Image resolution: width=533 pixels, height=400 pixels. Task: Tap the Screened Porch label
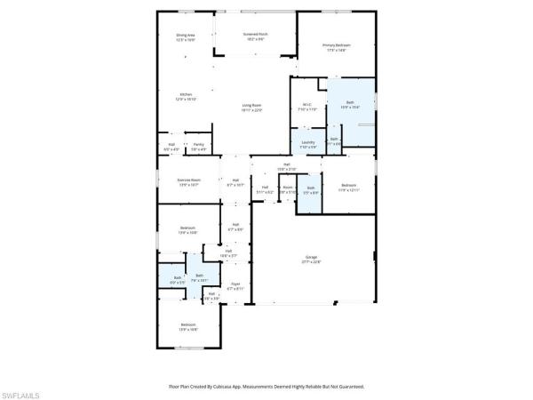pyautogui.click(x=256, y=34)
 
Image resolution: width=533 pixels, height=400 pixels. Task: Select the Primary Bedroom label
pyautogui.click(x=335, y=45)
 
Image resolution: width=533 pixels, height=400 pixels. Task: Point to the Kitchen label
pyautogui.click(x=187, y=94)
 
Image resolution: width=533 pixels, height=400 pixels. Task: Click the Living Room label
pyautogui.click(x=252, y=106)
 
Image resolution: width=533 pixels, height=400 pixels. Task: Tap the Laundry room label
pyautogui.click(x=308, y=141)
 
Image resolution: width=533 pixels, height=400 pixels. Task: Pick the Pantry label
pyautogui.click(x=199, y=144)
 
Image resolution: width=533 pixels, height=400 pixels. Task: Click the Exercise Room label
pyautogui.click(x=188, y=180)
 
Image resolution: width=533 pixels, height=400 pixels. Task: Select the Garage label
pyautogui.click(x=311, y=259)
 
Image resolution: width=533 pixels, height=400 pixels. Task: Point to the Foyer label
pyautogui.click(x=235, y=284)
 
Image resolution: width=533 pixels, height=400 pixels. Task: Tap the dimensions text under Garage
pyautogui.click(x=311, y=263)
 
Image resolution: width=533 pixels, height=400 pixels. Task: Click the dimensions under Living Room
pyautogui.click(x=252, y=110)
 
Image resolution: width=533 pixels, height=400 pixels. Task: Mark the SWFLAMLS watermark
pyautogui.click(x=21, y=392)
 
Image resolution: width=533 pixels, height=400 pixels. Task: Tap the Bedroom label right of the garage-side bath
pyautogui.click(x=346, y=185)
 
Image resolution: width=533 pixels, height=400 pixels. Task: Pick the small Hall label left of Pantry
pyautogui.click(x=171, y=144)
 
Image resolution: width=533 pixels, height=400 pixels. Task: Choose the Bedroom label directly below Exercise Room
pyautogui.click(x=187, y=228)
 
